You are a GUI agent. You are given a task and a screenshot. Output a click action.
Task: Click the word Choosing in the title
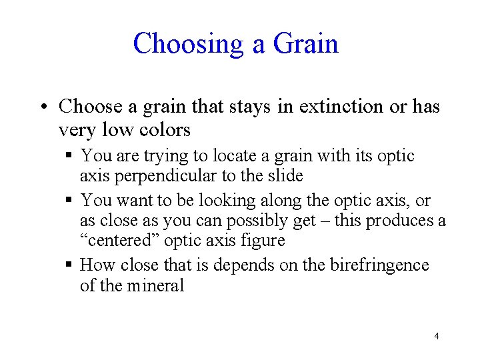(x=189, y=44)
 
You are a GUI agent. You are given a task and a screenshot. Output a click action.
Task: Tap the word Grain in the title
(x=305, y=44)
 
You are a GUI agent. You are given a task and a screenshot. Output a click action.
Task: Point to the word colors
(x=161, y=129)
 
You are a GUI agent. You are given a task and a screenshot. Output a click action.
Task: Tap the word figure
(x=263, y=241)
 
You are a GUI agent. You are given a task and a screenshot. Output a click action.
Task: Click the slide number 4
(x=437, y=336)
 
